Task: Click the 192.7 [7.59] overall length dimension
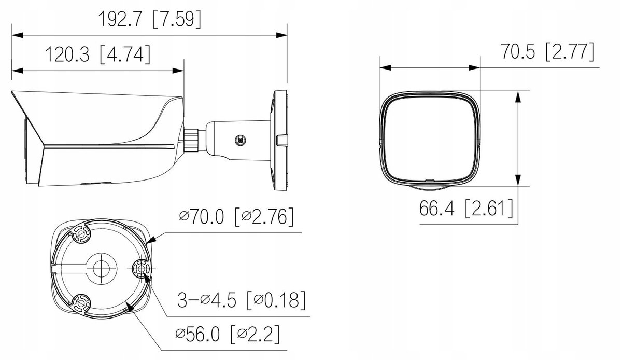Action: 150,20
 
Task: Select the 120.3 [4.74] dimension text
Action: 97,54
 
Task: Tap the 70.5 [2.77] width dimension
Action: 548,51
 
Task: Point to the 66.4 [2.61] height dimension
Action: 466,208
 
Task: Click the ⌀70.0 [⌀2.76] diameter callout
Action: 236,216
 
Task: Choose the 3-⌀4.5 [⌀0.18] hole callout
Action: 242,300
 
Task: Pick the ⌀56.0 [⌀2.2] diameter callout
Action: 228,334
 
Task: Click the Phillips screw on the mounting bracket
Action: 241,140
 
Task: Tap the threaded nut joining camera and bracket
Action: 191,140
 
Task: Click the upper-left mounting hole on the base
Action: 81,233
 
